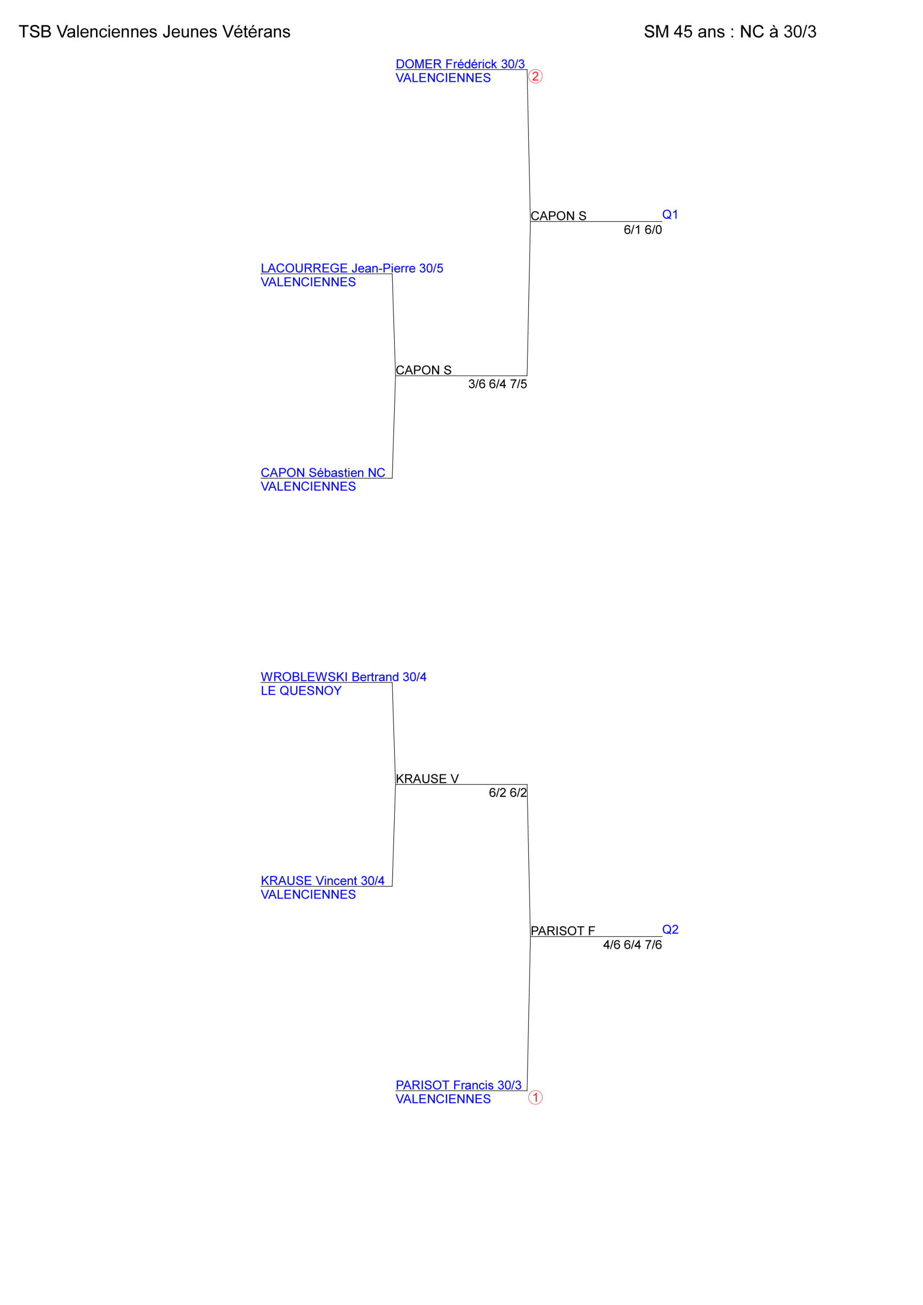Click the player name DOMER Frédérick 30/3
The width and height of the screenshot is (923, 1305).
click(x=460, y=64)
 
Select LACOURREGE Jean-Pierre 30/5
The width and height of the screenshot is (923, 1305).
click(x=352, y=268)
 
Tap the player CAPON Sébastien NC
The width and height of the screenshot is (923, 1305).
click(x=323, y=473)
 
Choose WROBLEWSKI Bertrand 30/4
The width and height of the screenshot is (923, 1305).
click(x=343, y=677)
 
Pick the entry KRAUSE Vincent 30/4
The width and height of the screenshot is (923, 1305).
click(x=322, y=880)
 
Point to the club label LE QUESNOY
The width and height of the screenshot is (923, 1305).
click(x=301, y=691)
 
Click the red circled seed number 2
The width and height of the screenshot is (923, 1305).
click(x=535, y=76)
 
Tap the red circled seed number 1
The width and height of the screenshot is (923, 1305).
click(x=535, y=1097)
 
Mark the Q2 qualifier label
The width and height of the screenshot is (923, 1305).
click(x=670, y=929)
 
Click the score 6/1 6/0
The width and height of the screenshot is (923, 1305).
click(x=643, y=230)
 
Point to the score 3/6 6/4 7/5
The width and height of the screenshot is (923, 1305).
click(x=497, y=384)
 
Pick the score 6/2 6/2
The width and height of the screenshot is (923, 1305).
click(x=508, y=793)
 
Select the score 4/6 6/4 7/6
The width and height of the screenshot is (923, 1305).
click(x=633, y=945)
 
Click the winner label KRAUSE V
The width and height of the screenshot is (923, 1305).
click(x=427, y=778)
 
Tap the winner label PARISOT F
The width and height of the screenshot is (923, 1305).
click(x=563, y=930)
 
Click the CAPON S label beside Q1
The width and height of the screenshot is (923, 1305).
click(x=558, y=216)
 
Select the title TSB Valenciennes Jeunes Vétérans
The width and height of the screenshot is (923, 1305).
click(x=155, y=32)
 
